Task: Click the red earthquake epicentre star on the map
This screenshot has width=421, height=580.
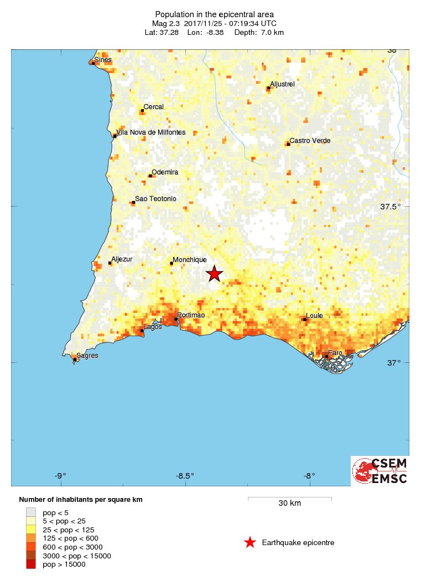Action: pos(215,274)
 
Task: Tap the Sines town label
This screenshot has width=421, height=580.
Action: pos(103,59)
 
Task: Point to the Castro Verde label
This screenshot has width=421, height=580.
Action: pos(310,141)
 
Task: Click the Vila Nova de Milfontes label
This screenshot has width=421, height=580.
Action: pos(151,132)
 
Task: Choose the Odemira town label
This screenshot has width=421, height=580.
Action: pos(165,172)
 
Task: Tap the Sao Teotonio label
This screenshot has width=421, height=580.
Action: pos(155,199)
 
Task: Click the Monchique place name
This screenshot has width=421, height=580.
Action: pos(190,260)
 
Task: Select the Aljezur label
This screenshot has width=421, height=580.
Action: pos(122,259)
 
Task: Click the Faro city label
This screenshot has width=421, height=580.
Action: pos(335,353)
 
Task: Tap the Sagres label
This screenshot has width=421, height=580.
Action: pos(87,356)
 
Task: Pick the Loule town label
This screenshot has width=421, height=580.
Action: pos(314,316)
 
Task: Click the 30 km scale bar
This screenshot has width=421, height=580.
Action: pos(289,499)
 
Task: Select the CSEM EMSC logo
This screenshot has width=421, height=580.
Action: pos(380,471)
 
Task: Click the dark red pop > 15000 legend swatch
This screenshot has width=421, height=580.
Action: pos(31,564)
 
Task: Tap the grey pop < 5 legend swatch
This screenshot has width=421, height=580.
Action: pos(31,512)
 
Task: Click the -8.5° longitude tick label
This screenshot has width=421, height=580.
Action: pos(185,475)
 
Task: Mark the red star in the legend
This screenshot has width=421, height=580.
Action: pos(250,542)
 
